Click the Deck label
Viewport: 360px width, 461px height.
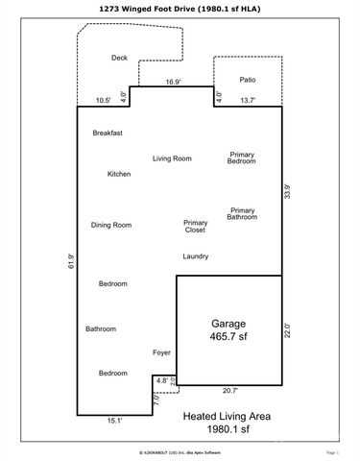tap(119, 59)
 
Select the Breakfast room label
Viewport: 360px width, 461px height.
tap(108, 133)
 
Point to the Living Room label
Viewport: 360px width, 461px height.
tap(173, 158)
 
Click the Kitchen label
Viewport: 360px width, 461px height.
tap(119, 174)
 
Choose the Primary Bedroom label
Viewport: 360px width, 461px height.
tap(241, 158)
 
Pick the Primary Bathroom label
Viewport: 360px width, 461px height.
tap(242, 213)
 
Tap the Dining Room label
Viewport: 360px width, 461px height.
tap(111, 225)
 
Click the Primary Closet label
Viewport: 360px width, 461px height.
tap(196, 226)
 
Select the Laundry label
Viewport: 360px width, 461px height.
tap(196, 256)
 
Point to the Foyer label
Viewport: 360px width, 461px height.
tap(162, 352)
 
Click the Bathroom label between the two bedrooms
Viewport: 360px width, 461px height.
tap(101, 328)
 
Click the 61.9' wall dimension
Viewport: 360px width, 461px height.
tap(71, 260)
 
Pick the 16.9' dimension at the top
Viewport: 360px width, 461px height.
tap(173, 83)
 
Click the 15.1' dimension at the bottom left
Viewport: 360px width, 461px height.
tap(113, 419)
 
